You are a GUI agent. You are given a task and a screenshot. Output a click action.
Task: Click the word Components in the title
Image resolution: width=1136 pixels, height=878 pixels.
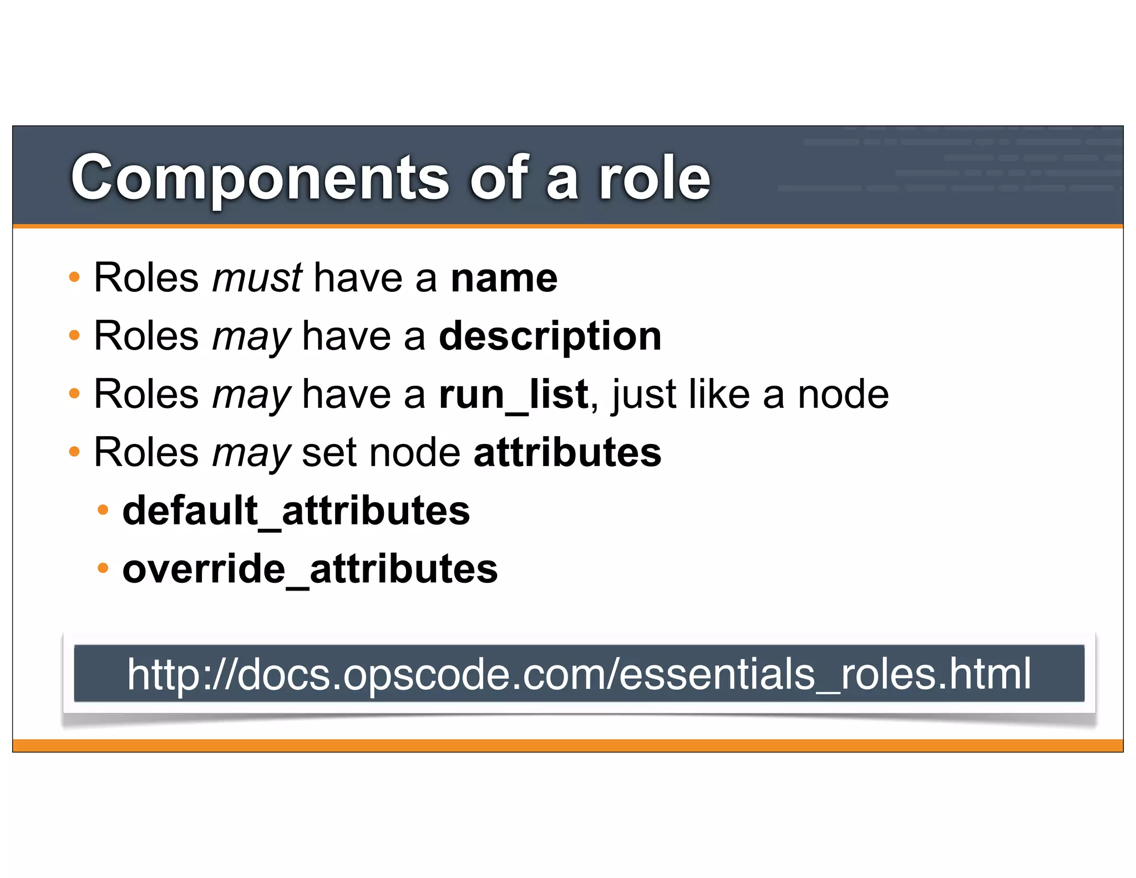[260, 178]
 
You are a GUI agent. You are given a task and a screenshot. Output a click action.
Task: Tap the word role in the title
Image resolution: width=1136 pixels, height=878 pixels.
[654, 178]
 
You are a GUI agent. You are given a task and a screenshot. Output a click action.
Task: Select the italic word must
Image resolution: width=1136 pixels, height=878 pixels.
[257, 277]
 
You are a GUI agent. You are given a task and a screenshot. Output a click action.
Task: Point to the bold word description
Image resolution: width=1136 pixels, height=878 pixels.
[550, 336]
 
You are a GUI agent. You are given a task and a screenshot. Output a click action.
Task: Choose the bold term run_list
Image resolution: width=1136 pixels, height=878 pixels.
[513, 395]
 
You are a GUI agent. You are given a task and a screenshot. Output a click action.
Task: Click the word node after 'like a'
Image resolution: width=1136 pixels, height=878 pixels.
[843, 395]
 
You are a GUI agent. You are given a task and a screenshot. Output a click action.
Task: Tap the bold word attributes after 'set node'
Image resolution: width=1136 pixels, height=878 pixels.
[567, 452]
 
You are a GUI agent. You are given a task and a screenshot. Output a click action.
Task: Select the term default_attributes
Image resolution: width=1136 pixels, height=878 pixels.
[296, 511]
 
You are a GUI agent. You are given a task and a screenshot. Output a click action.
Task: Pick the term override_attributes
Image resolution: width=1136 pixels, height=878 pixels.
[310, 569]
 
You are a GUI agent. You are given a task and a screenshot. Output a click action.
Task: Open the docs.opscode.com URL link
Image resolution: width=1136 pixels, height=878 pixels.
[579, 674]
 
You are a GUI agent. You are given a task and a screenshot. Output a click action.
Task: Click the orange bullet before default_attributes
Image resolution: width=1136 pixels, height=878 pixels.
[103, 510]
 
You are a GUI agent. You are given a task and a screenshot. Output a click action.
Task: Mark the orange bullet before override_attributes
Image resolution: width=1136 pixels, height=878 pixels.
[103, 568]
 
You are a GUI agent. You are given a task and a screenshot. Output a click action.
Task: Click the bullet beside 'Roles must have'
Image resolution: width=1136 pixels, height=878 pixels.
[74, 276]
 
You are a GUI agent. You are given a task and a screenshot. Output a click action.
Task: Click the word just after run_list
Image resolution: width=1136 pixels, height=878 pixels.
[643, 395]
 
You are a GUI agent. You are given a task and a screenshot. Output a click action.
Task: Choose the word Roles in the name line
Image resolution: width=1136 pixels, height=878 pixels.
[146, 277]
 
